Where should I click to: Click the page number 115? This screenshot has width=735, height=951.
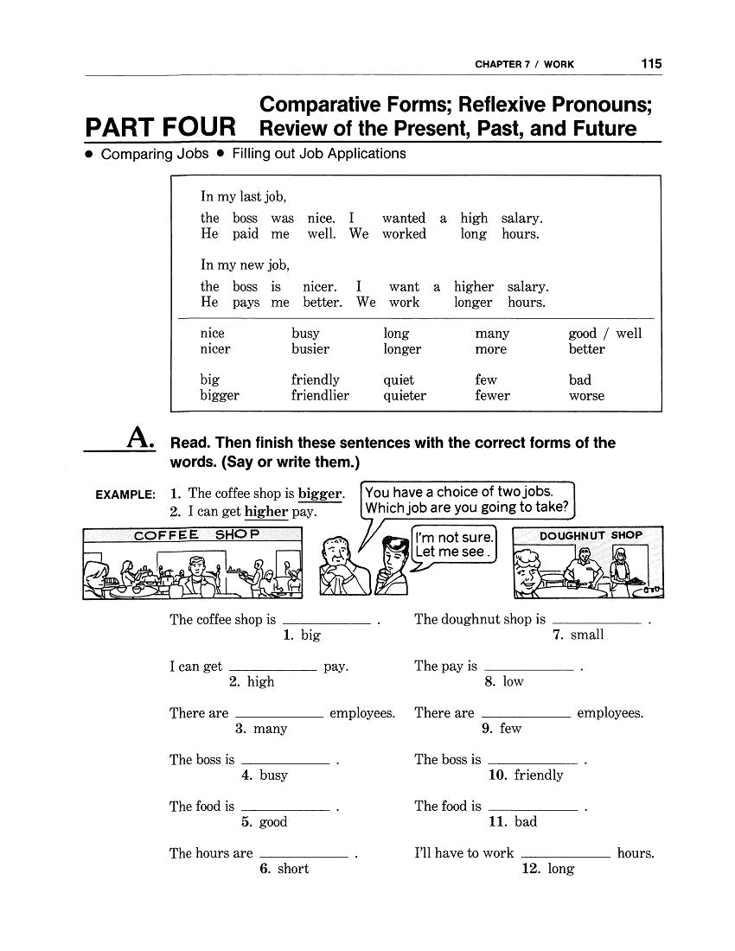[651, 63]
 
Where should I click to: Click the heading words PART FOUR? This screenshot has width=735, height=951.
[160, 128]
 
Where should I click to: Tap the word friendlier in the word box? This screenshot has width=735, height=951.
[320, 396]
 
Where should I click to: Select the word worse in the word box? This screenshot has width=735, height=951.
[586, 396]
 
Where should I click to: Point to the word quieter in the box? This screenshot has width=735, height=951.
[405, 396]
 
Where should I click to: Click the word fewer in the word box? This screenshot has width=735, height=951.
[492, 396]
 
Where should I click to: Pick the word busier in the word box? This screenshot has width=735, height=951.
[310, 349]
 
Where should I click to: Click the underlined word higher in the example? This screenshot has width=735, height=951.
[265, 511]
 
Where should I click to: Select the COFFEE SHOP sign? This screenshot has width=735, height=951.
[195, 534]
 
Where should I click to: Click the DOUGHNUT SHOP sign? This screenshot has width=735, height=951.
[591, 535]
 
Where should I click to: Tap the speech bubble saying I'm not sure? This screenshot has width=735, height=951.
[454, 545]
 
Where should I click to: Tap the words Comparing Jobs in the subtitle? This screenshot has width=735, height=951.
[155, 154]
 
